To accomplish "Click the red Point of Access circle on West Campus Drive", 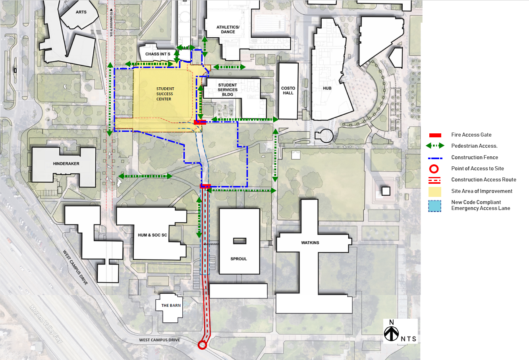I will tap(202, 345).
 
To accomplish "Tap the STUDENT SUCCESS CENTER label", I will tap(164, 94).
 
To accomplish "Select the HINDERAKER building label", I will tap(66, 164).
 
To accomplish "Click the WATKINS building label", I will tap(310, 243).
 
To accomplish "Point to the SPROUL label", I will tap(239, 259).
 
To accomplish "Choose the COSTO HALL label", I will tap(288, 90).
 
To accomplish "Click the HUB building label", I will tap(327, 88).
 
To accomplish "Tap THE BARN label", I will tap(171, 306).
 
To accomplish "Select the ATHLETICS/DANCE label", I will tap(228, 30).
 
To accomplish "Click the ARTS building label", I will tap(81, 12).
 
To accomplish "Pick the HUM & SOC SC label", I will tap(153, 235).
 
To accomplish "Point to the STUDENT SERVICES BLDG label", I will tap(228, 90).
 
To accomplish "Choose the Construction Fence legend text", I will tap(474, 158).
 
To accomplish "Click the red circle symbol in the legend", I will tap(434, 169).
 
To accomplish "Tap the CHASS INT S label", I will tap(158, 54).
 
